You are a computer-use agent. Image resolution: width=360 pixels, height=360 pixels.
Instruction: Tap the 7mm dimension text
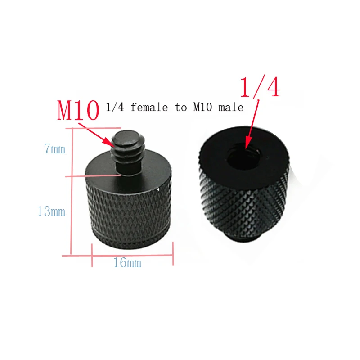coord(54,149)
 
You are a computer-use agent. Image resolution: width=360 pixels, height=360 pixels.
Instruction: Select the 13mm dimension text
coord(51,211)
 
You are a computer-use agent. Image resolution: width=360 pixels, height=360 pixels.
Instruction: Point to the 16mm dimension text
coord(127,263)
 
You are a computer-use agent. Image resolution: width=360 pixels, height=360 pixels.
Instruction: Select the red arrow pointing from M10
coord(97,133)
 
